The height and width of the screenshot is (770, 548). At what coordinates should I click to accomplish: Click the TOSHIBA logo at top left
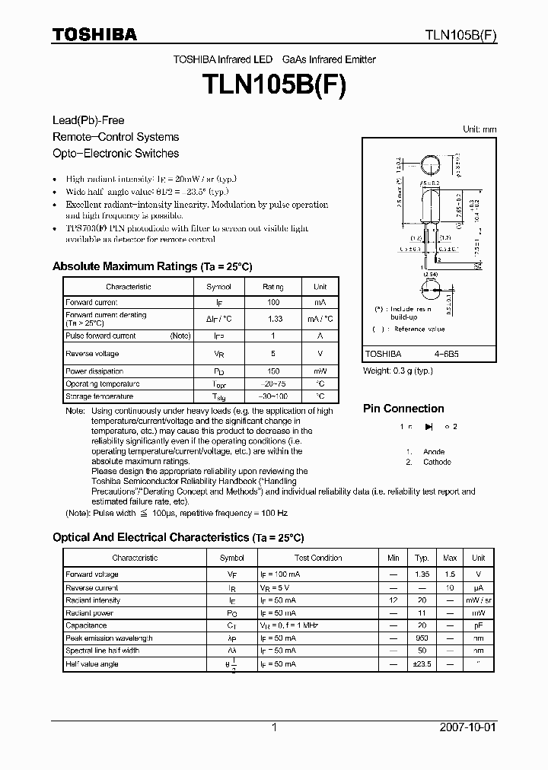[x=94, y=34]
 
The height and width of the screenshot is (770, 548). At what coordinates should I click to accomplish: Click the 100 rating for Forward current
[x=273, y=303]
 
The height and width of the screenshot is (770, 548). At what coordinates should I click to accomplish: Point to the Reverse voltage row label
[x=92, y=354]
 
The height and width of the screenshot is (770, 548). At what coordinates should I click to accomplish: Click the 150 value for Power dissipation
[x=273, y=372]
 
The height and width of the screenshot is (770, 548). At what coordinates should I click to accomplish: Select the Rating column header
[x=273, y=287]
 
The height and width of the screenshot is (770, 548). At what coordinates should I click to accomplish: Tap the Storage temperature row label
[x=100, y=396]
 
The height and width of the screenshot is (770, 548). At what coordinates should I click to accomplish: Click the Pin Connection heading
[x=403, y=409]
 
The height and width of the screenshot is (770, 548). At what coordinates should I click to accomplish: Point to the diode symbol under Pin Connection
[x=428, y=427]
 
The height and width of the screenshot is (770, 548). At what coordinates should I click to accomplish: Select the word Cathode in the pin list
[x=438, y=462]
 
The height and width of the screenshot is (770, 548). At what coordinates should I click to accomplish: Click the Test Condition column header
[x=318, y=558]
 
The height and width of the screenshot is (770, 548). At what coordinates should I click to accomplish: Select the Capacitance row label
[x=86, y=625]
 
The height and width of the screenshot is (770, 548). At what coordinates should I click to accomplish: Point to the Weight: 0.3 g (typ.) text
[x=397, y=371]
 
